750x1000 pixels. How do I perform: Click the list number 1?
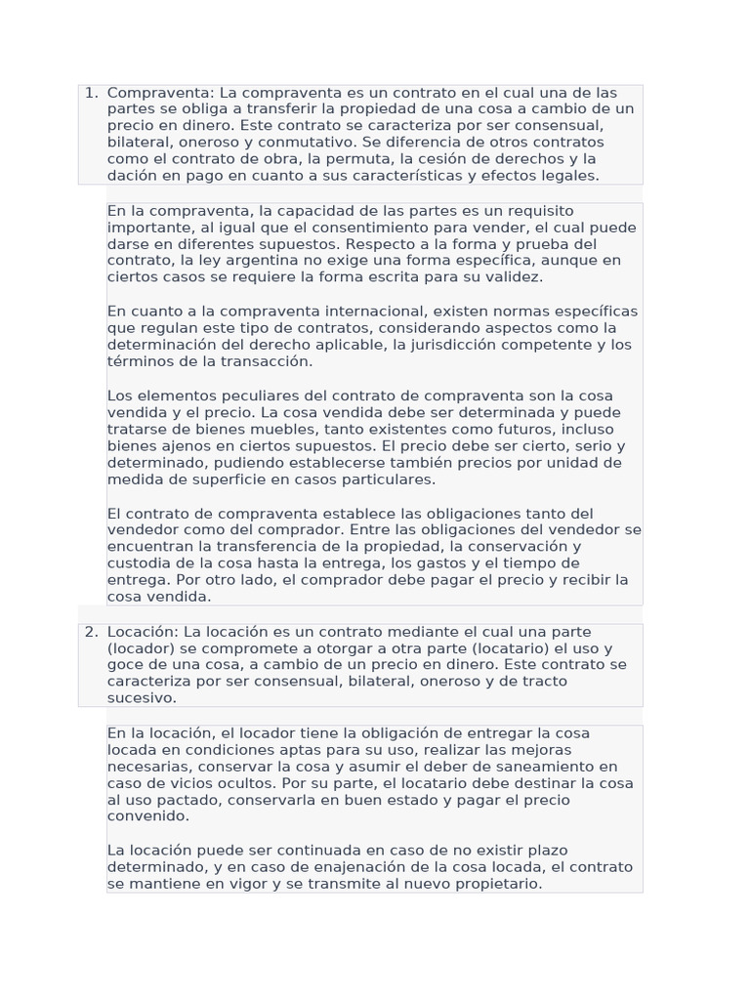click(91, 93)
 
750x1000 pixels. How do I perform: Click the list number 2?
click(91, 632)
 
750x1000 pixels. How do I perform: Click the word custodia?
click(140, 563)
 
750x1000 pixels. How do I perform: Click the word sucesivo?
click(142, 698)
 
